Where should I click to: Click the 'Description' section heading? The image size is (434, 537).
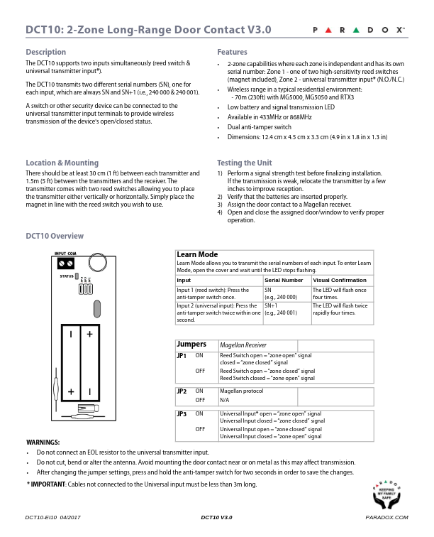point(45,52)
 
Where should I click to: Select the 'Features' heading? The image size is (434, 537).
point(232,52)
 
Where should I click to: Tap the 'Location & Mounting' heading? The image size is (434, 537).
point(62,162)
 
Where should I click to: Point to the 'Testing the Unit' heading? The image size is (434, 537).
point(244,162)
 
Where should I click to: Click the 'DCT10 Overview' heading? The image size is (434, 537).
point(55,236)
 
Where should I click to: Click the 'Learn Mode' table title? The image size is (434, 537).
point(197,254)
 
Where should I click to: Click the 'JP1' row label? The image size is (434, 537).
point(182,354)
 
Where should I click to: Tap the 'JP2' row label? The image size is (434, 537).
point(182,391)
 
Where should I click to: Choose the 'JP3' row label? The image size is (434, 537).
point(182,413)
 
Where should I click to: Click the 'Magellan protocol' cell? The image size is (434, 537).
point(242,391)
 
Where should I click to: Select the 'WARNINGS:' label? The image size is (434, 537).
point(43,442)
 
